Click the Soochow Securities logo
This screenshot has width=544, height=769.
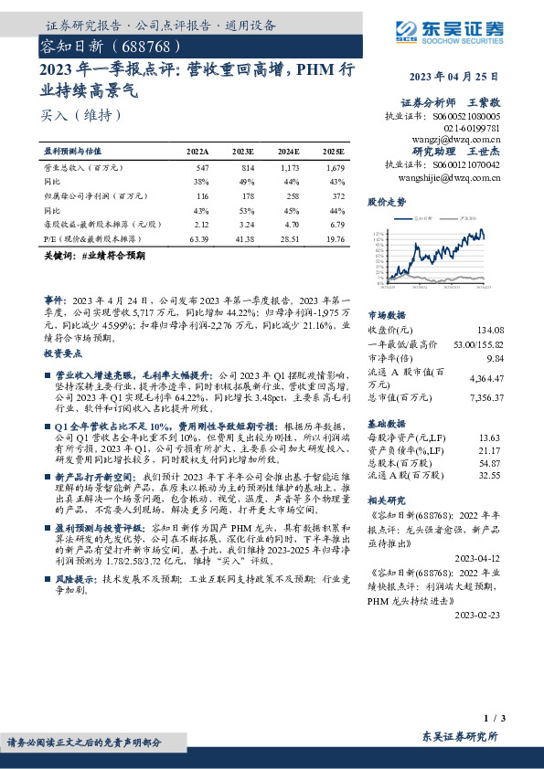[456, 29]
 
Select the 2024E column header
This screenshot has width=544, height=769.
[288, 150]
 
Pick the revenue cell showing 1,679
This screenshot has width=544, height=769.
[334, 169]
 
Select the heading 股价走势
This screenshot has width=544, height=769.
[386, 202]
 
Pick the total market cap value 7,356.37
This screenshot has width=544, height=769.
[485, 398]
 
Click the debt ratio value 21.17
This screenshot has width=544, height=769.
[492, 450]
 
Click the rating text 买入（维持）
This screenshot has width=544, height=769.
[81, 115]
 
